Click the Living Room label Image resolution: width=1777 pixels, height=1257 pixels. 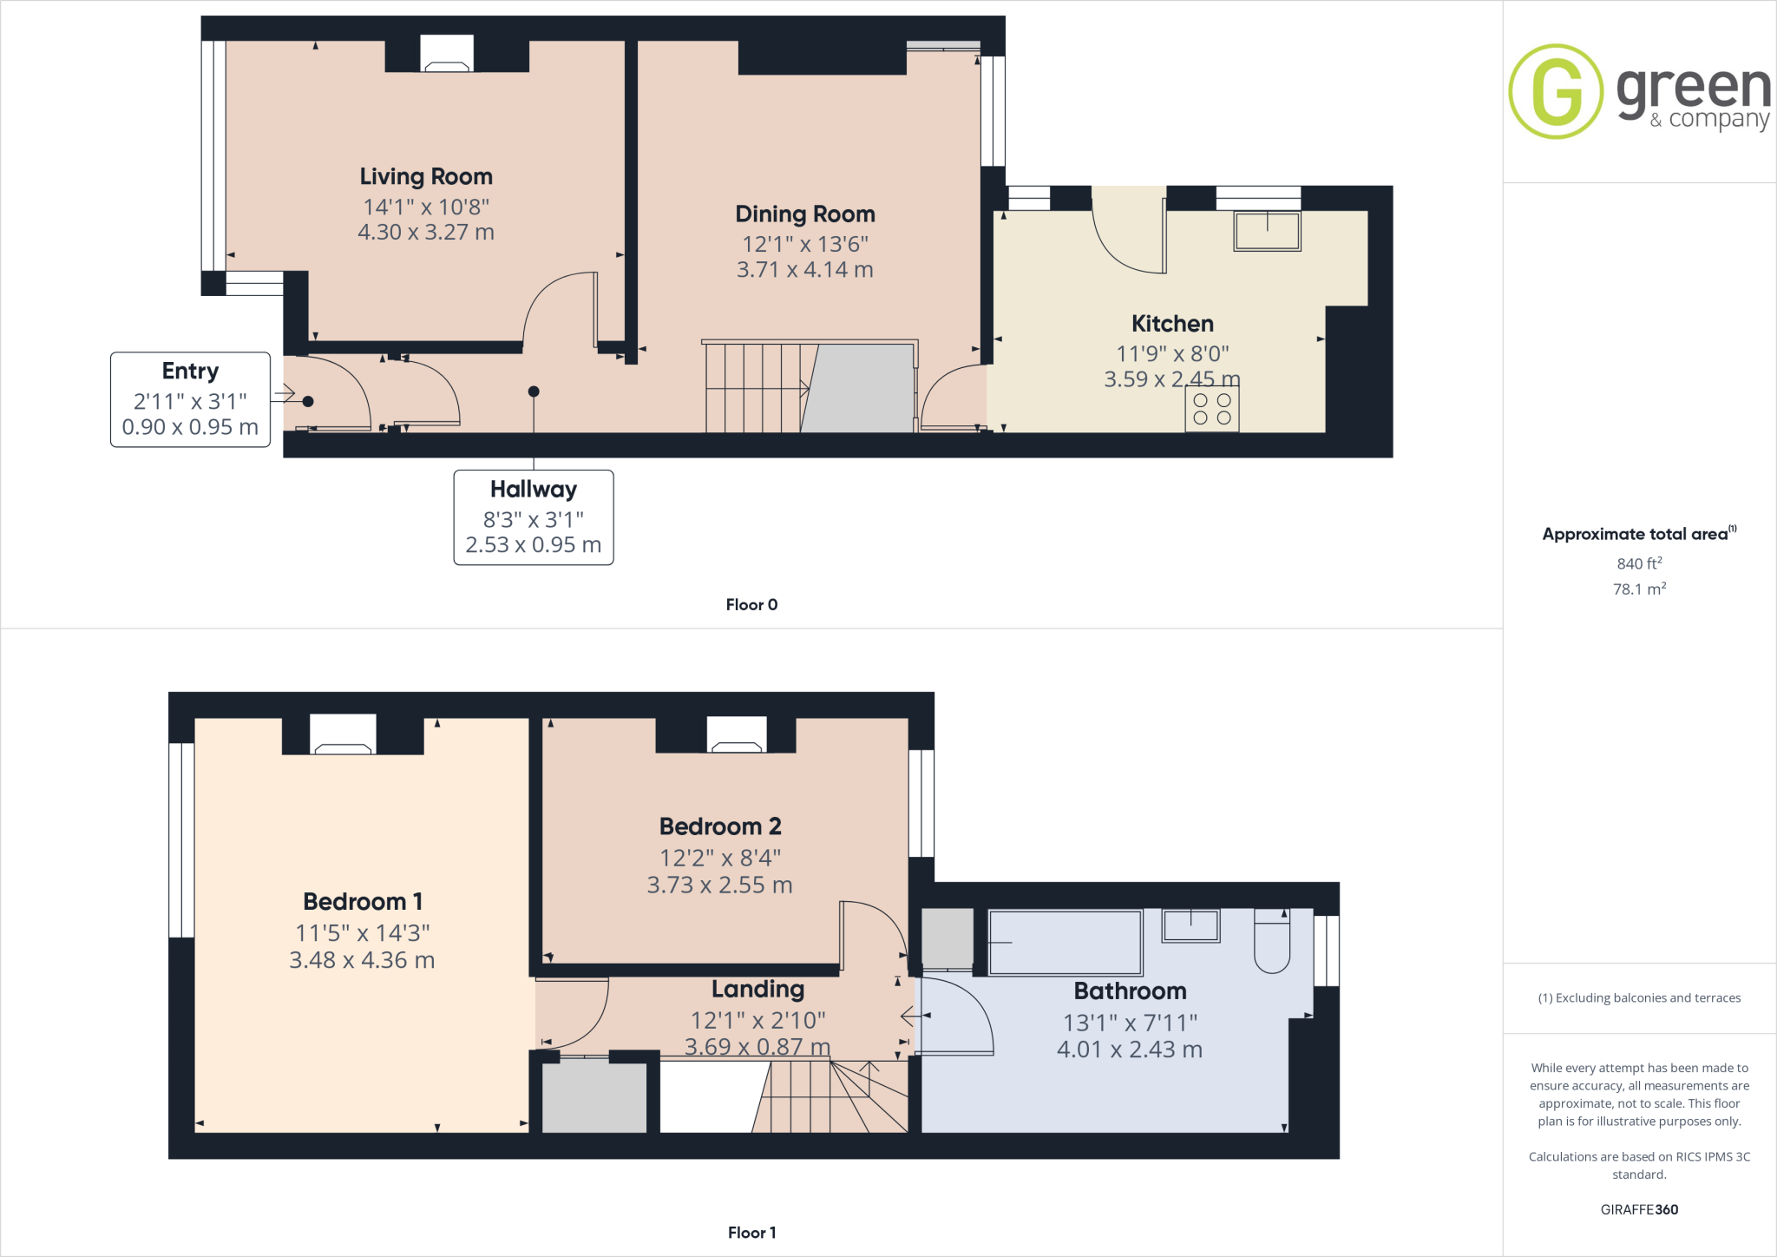point(426,176)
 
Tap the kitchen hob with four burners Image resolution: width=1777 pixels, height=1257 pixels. point(1212,409)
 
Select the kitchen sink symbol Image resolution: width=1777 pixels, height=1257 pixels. point(1267,231)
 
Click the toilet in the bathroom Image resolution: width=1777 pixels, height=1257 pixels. point(1272,942)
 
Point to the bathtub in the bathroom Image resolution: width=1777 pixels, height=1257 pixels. point(1065,942)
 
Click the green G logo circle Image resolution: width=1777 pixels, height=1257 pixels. point(1556,91)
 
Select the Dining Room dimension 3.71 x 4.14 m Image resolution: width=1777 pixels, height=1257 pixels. point(804,270)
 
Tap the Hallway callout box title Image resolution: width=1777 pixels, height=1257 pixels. point(533,490)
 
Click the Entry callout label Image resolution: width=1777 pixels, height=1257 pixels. point(190,372)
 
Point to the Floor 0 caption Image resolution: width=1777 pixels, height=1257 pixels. point(751,605)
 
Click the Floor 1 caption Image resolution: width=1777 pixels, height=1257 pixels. point(751,1233)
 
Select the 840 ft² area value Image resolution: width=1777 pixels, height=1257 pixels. point(1638,563)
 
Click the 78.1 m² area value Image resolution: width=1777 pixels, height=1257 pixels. point(1638,589)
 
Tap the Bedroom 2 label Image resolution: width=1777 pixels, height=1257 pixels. point(720,826)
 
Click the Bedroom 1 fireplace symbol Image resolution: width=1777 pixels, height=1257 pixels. point(343,734)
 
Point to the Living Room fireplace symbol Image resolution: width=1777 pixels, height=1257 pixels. point(447,54)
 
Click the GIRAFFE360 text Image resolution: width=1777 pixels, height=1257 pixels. point(1638,1209)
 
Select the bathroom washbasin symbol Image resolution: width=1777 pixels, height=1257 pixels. point(1190,925)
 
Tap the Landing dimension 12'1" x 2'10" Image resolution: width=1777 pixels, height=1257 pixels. point(757,1020)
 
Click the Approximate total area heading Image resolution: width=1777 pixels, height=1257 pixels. point(1637,535)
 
